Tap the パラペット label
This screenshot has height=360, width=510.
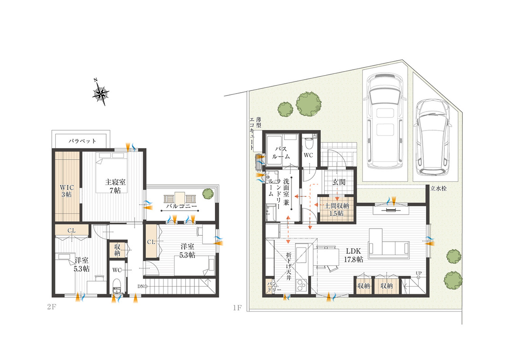(82, 141)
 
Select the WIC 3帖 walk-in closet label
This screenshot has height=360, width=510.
(67, 191)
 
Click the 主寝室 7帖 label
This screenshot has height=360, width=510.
(115, 186)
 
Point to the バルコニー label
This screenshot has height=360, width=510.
(182, 207)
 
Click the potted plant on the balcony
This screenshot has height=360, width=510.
(208, 193)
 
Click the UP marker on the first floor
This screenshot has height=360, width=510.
(419, 273)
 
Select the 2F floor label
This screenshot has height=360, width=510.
(51, 306)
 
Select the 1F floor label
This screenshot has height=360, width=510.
(237, 307)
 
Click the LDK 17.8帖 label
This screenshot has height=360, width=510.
(353, 256)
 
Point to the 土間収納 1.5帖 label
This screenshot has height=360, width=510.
(337, 210)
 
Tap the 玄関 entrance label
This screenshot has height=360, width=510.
(339, 182)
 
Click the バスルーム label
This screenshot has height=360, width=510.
(281, 153)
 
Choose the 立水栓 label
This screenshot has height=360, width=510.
(438, 189)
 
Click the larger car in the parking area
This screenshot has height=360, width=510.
(385, 120)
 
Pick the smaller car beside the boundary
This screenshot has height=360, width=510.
(433, 137)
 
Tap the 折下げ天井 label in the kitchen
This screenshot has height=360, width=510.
(288, 266)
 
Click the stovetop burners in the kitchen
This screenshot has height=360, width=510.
(300, 285)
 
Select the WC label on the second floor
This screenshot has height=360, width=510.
(117, 270)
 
